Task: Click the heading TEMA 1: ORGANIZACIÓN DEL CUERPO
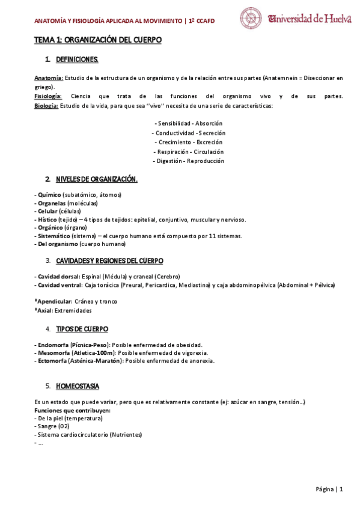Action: click(97, 40)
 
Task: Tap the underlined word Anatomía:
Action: click(48, 78)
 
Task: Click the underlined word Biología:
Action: click(46, 106)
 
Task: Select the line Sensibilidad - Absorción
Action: click(188, 123)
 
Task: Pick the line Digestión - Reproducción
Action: click(189, 161)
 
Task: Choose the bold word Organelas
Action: click(52, 203)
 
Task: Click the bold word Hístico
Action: click(47, 220)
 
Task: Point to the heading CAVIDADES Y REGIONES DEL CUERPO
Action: click(109, 260)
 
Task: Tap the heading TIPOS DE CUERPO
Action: click(82, 329)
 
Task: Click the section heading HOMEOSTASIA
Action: click(78, 386)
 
